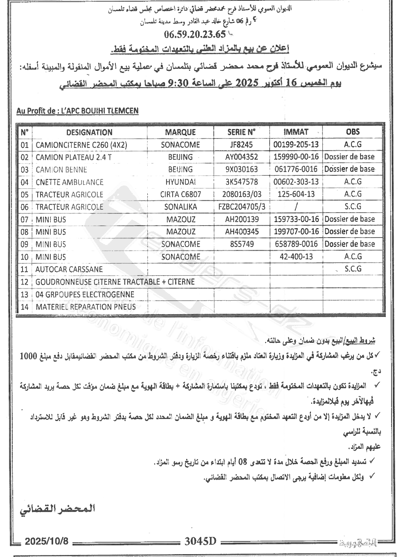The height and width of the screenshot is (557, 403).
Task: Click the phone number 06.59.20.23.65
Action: [x=194, y=34]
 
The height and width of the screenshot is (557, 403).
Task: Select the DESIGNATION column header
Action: [x=89, y=132]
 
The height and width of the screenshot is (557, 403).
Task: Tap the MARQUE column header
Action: [x=180, y=132]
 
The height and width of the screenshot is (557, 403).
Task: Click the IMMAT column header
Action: [x=295, y=132]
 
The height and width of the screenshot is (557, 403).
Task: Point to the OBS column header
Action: [x=353, y=132]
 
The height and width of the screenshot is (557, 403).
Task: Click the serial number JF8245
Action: [x=241, y=145]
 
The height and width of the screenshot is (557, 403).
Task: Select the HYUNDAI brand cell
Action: [x=180, y=182]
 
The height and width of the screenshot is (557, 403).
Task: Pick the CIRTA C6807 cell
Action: [x=180, y=194]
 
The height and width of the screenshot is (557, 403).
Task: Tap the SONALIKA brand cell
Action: [x=180, y=207]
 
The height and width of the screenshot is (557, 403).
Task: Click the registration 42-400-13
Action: [x=296, y=257]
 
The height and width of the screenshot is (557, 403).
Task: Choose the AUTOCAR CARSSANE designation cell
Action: [x=69, y=269]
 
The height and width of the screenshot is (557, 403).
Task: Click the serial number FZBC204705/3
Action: [x=242, y=207]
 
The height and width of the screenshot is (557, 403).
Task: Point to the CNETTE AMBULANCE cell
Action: [x=69, y=182]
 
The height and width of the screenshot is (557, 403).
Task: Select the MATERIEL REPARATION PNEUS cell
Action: [x=85, y=307]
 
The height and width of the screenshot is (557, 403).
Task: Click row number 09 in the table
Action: [x=25, y=245]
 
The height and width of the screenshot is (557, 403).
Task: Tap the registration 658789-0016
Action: [x=296, y=244]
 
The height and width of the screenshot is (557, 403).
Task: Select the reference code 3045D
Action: [x=200, y=541]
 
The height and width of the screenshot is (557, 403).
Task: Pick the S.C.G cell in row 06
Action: [x=353, y=206]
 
